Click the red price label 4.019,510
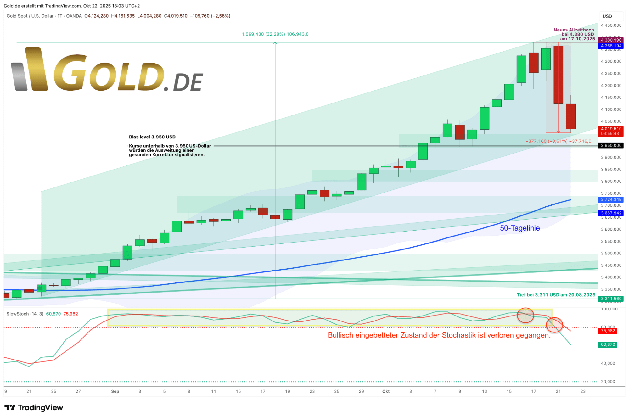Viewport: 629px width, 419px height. [x=611, y=129]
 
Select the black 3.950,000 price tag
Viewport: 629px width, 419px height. [x=611, y=146]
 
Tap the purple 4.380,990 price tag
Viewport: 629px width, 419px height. [x=611, y=40]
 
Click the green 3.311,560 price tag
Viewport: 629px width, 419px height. [x=611, y=299]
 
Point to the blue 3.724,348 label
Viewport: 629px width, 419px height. [x=611, y=199]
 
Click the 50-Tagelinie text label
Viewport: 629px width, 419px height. [x=519, y=228]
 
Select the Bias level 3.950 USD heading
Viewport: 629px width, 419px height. [x=152, y=137]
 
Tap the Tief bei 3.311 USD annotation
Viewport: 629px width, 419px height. [x=556, y=295]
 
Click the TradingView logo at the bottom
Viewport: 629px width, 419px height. [x=34, y=408]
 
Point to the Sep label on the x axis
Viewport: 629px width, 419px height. [x=115, y=391]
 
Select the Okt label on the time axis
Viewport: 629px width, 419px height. [x=386, y=391]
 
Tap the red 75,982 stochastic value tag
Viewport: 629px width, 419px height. [x=608, y=331]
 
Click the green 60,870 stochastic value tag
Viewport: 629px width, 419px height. [x=608, y=344]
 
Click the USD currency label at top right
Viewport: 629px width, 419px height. [x=607, y=16]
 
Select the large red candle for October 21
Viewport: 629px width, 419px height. [x=558, y=75]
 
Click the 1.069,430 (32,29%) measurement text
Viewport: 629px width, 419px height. [x=275, y=34]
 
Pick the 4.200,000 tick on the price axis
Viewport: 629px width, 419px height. [x=611, y=86]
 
